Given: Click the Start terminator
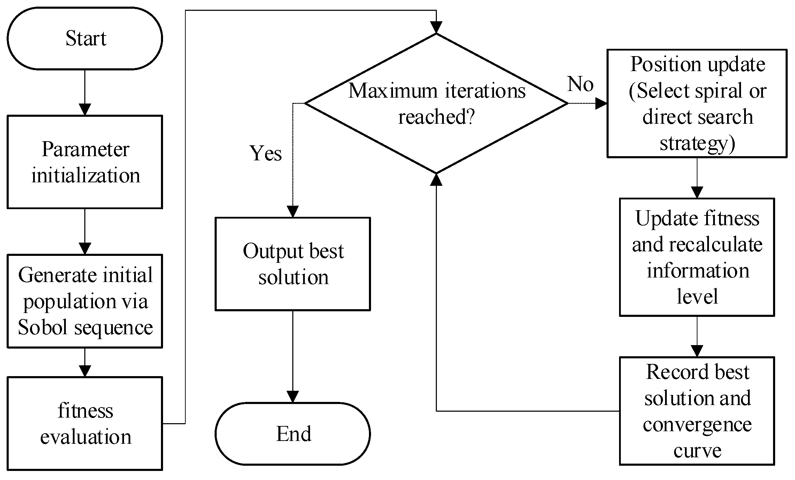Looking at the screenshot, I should coord(85,38).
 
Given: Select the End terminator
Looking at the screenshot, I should coord(293,434).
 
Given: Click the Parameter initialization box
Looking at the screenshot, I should coord(85,162).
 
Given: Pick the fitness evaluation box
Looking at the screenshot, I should coord(85,423).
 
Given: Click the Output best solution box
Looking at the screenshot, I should coord(293,264).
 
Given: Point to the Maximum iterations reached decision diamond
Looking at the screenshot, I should coord(436,104).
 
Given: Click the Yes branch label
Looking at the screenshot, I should coord(265,153).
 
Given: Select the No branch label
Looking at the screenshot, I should coord(580,84).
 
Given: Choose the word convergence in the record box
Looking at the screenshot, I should coord(697,425).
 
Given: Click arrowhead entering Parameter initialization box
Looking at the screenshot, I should coord(85,109).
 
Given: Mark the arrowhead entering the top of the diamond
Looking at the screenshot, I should coord(436,27).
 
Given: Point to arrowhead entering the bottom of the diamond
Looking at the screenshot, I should coord(436,179).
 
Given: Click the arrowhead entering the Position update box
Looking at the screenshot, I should coord(601,104).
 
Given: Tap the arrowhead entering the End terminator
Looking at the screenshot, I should coord(293,396).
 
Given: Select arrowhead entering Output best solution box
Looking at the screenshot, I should coord(293,211).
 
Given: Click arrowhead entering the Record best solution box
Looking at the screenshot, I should coord(697,351).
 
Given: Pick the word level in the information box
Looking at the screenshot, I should coord(697,297).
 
